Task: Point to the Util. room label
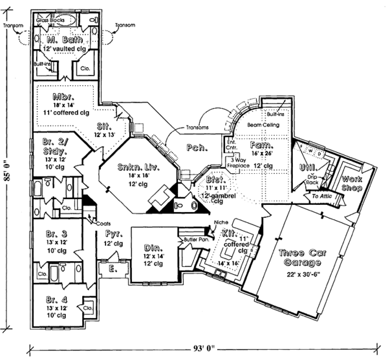click(x=308, y=167)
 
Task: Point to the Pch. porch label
click(x=196, y=147)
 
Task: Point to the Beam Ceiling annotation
click(x=262, y=124)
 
